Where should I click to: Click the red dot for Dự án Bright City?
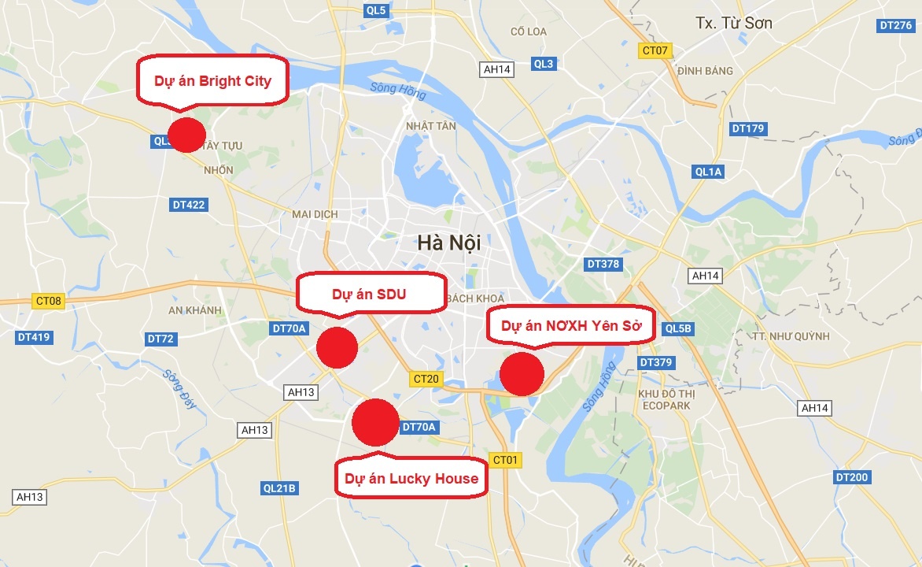click(x=186, y=135)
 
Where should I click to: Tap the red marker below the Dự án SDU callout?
click(x=337, y=347)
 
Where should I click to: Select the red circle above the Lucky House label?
click(x=375, y=422)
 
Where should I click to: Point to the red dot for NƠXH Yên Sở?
click(x=522, y=374)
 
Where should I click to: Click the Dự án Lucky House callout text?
click(x=411, y=478)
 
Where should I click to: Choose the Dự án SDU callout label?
click(x=368, y=295)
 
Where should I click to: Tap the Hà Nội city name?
click(x=449, y=243)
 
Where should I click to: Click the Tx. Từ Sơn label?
click(x=734, y=23)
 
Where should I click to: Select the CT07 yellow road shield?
click(x=655, y=50)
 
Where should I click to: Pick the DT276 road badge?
click(x=896, y=25)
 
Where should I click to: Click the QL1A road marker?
click(x=708, y=172)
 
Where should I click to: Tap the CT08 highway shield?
click(x=48, y=301)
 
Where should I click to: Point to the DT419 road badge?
click(x=33, y=337)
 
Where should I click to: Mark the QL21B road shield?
click(x=279, y=488)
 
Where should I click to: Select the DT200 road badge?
click(x=851, y=477)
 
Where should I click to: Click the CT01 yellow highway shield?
click(x=505, y=459)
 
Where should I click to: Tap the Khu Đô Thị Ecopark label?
click(x=664, y=399)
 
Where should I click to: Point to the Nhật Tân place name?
click(x=430, y=126)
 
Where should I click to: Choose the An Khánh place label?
click(x=195, y=310)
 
